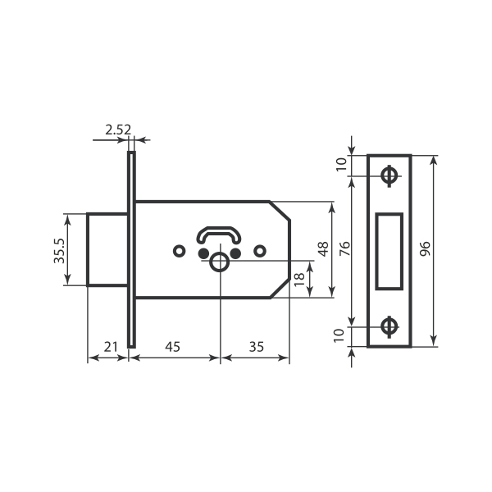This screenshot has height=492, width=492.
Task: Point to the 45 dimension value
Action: pyautogui.click(x=172, y=347)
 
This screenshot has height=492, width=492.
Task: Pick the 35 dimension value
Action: pyautogui.click(x=255, y=347)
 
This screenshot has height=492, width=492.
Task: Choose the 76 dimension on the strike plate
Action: pyautogui.click(x=344, y=248)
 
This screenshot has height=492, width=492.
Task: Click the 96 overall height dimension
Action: pyautogui.click(x=425, y=248)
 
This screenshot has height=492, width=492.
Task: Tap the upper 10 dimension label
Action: pyautogui.click(x=343, y=164)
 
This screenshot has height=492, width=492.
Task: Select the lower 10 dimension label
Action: pyautogui.click(x=343, y=335)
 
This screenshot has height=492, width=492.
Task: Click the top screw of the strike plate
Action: pyautogui.click(x=389, y=175)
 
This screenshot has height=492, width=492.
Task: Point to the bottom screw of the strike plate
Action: pyautogui.click(x=389, y=327)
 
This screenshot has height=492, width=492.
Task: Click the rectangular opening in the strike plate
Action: pyautogui.click(x=389, y=250)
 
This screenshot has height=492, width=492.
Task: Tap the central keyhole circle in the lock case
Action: pyautogui.click(x=220, y=261)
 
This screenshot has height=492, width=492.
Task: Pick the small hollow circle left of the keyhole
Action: pyautogui.click(x=179, y=249)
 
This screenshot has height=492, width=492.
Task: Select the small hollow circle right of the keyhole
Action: pyautogui.click(x=260, y=249)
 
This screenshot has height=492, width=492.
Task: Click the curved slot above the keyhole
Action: pyautogui.click(x=219, y=235)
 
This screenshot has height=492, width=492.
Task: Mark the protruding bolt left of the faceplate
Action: pyautogui.click(x=107, y=249)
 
